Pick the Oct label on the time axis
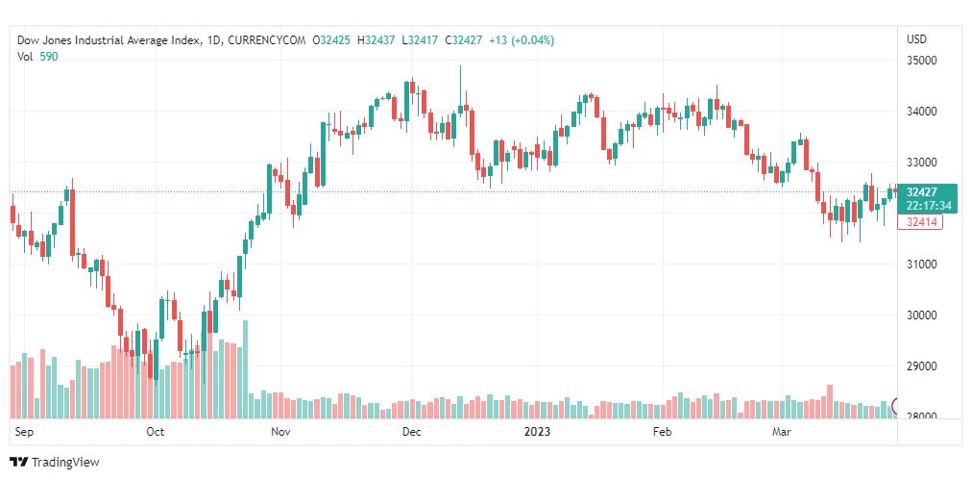pyautogui.click(x=156, y=432)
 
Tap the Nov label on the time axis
pyautogui.click(x=280, y=432)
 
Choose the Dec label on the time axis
pyautogui.click(x=412, y=432)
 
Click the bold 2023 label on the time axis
pyautogui.click(x=537, y=432)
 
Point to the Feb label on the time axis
pyautogui.click(x=661, y=432)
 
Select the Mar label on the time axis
pyautogui.click(x=782, y=432)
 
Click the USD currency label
pyautogui.click(x=916, y=39)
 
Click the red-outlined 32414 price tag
pyautogui.click(x=920, y=222)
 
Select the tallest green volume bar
pyautogui.click(x=246, y=368)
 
